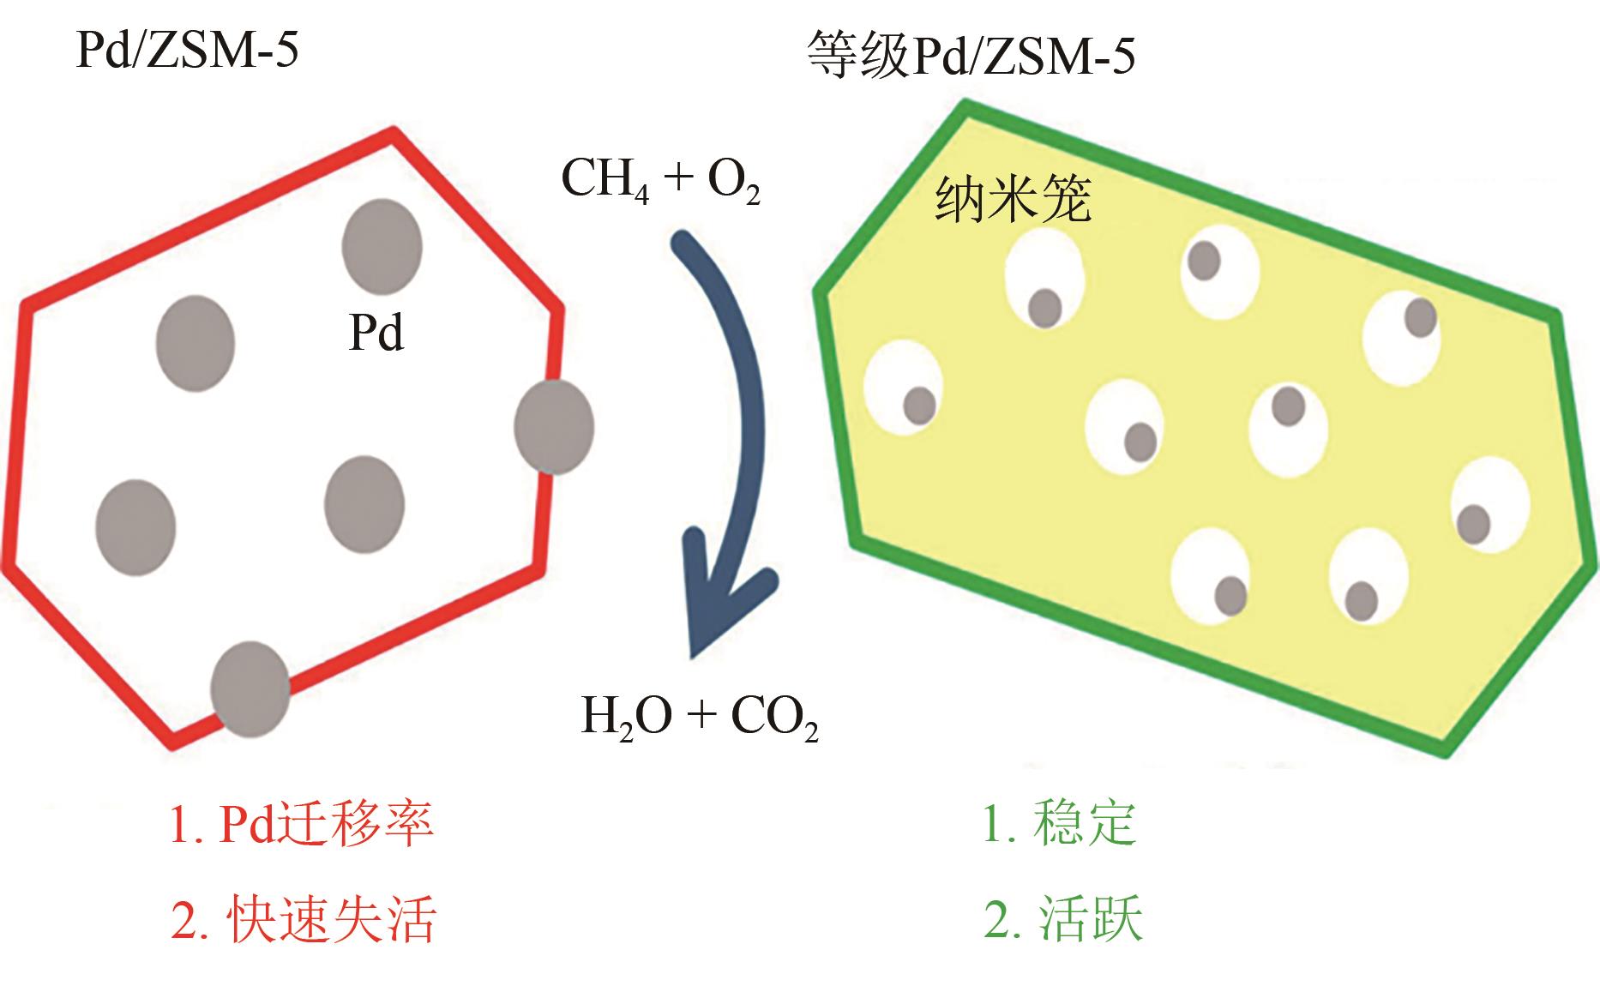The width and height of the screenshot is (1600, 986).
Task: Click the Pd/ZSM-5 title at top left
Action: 187,51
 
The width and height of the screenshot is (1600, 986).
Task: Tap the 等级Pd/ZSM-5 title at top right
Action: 971,57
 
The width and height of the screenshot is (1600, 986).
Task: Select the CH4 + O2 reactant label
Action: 660,181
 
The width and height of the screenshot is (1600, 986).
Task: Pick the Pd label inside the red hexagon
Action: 376,332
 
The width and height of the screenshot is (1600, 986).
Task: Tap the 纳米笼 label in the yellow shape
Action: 1013,200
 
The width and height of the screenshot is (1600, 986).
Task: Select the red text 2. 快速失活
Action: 304,920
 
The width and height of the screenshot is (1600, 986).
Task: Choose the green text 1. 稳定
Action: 1059,823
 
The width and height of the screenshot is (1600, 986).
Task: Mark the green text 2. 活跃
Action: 1063,920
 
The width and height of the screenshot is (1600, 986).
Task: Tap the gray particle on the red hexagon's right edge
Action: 554,427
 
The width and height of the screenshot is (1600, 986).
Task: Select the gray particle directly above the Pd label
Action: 382,245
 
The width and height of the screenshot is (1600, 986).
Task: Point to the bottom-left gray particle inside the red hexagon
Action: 135,526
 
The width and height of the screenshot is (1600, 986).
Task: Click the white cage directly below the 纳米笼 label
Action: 1044,280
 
